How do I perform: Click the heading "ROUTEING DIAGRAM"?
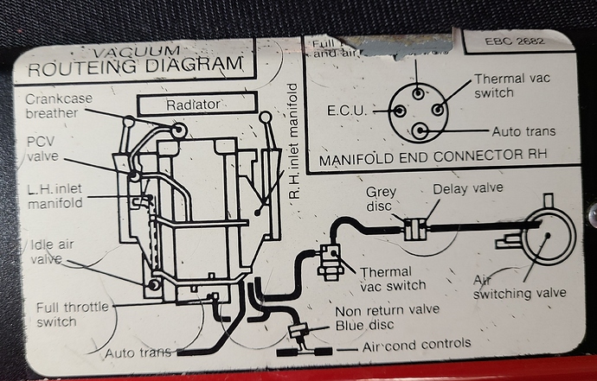136,63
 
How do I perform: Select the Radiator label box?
197,104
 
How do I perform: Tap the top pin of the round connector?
418,92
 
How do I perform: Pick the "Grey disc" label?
382,200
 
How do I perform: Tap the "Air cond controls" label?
417,343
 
